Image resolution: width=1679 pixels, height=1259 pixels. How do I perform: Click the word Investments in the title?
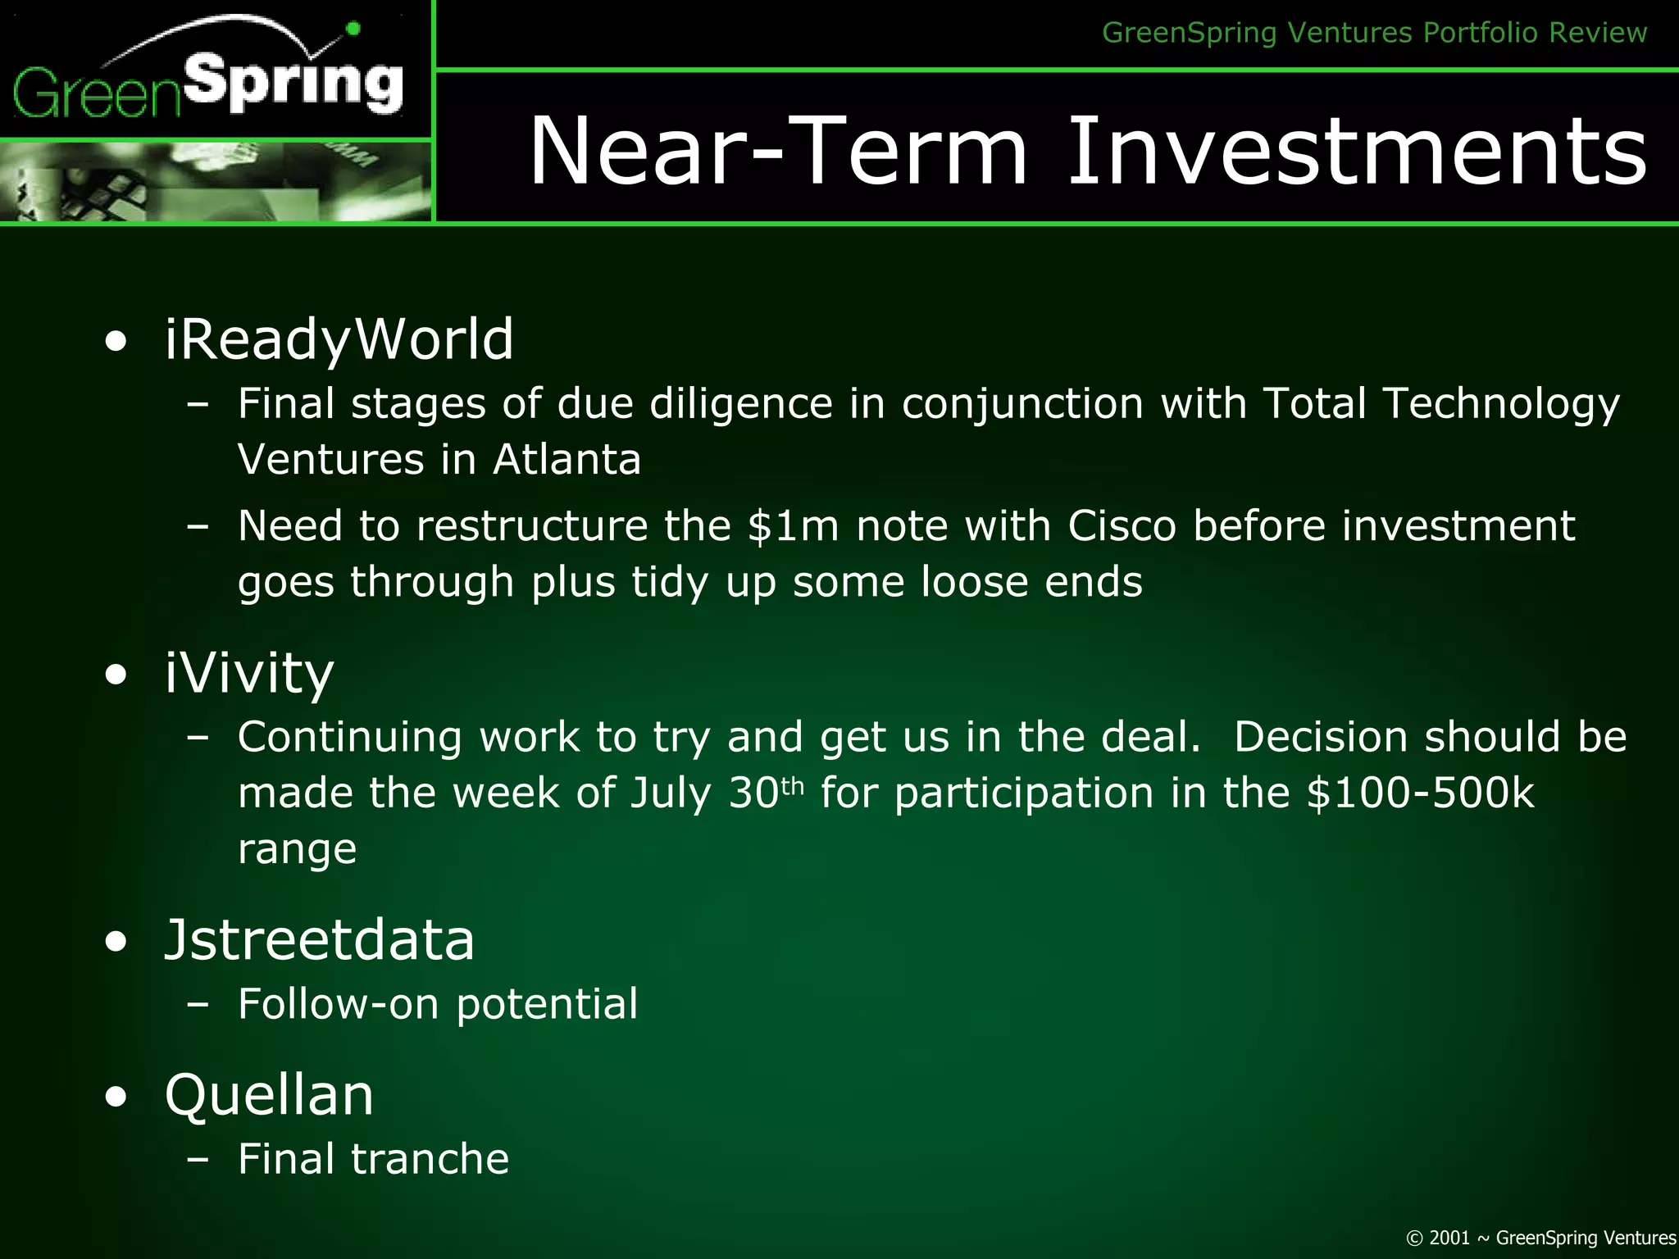tap(1356, 152)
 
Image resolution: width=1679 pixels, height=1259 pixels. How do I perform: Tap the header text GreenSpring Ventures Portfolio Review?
tap(1374, 33)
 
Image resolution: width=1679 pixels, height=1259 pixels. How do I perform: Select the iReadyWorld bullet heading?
tap(339, 339)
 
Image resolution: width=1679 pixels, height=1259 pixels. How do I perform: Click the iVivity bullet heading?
tap(249, 673)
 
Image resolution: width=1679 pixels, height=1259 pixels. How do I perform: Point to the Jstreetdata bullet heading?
tap(320, 939)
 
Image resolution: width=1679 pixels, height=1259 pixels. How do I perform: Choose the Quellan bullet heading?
tap(269, 1095)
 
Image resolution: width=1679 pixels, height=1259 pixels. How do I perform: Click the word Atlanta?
tap(566, 459)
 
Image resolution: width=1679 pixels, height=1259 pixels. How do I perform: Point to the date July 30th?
tap(717, 793)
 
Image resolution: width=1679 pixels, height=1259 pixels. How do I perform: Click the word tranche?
tap(430, 1159)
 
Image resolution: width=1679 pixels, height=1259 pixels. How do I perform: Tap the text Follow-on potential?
tap(437, 1004)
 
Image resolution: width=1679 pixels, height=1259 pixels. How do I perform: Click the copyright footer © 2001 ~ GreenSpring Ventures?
tap(1540, 1238)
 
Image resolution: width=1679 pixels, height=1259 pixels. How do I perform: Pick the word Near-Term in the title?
tap(779, 152)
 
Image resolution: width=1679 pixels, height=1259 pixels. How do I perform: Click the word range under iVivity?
tap(297, 849)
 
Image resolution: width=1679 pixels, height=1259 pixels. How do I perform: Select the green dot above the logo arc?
tap(353, 30)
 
